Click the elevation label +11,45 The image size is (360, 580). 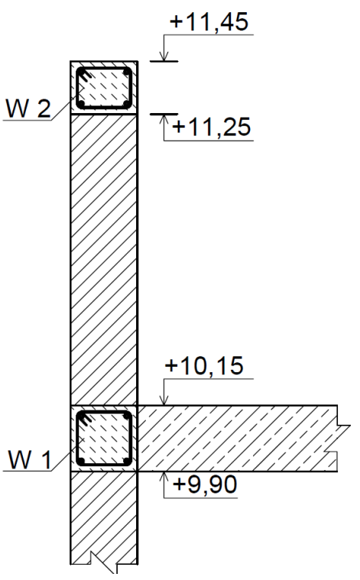click(x=209, y=21)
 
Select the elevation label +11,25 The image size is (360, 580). click(x=212, y=127)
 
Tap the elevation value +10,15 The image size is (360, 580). click(x=204, y=366)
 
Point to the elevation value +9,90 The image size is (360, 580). click(x=205, y=484)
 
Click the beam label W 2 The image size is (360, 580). click(x=28, y=109)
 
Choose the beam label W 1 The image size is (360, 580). click(x=30, y=461)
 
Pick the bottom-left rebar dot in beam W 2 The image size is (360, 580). click(x=81, y=104)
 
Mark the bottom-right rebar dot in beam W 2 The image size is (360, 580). click(x=127, y=104)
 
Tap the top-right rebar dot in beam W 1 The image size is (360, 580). click(x=127, y=416)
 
